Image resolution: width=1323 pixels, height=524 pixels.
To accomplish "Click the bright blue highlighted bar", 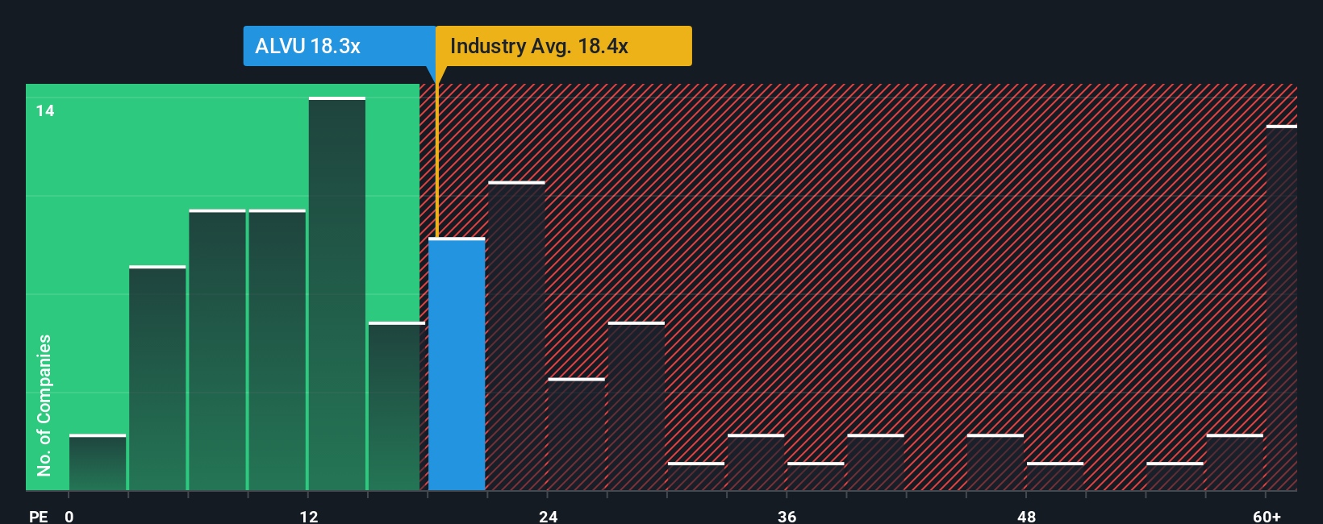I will tap(457, 364).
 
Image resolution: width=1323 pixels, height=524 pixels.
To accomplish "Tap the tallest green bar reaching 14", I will tap(337, 294).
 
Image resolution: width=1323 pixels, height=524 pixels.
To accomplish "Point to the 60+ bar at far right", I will tap(1281, 308).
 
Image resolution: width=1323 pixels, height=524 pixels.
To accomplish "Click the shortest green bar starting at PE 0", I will tap(98, 463).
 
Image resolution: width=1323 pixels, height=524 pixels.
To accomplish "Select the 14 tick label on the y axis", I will tap(45, 110).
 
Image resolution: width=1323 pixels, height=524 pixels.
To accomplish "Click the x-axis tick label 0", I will tap(69, 516).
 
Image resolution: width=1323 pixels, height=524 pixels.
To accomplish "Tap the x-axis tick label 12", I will tap(309, 516).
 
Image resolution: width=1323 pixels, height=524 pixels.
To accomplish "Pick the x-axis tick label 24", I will tap(549, 516).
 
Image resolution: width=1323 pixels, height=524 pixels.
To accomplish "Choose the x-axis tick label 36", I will tap(787, 516).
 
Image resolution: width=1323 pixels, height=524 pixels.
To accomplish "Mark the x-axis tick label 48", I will tap(1026, 516).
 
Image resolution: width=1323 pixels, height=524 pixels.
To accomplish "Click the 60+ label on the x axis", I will tap(1267, 516).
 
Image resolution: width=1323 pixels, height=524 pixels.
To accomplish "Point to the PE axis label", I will tap(38, 516).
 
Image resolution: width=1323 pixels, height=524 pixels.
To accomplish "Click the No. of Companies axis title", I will tap(44, 405).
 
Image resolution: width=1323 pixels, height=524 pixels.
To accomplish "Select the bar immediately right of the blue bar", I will tap(516, 336).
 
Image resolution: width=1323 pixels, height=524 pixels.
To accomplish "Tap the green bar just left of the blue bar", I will tap(396, 406).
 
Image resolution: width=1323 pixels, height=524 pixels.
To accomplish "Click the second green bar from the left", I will tap(157, 378).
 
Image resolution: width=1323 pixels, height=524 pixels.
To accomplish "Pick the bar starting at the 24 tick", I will tap(576, 435).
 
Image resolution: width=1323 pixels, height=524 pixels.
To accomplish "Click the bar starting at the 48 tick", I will tap(1055, 476).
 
